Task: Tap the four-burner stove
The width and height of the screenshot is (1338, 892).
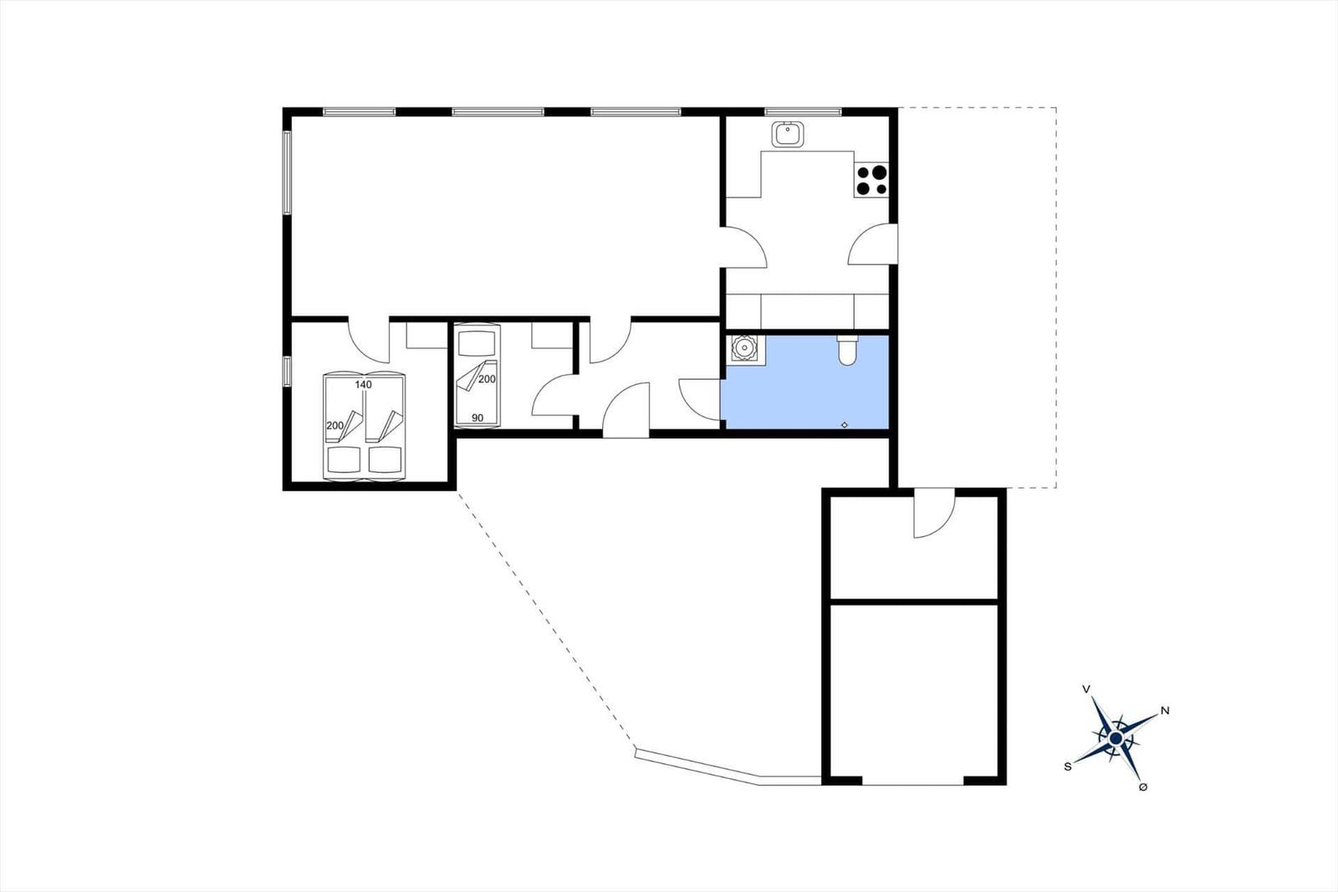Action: (871, 180)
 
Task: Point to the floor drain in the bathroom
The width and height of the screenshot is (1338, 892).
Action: (845, 425)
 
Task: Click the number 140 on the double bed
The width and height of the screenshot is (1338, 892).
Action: (363, 385)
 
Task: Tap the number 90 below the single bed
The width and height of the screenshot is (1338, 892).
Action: (477, 418)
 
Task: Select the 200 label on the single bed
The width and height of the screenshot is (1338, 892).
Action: (487, 379)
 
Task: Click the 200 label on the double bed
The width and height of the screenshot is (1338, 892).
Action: (334, 426)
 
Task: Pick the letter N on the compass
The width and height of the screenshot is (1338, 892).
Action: (1165, 711)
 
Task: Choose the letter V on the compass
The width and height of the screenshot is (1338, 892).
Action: (1086, 690)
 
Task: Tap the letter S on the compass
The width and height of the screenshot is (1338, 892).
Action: (1068, 766)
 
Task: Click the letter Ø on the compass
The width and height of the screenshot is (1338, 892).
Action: (1143, 787)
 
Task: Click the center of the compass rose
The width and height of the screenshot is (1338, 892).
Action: (1116, 738)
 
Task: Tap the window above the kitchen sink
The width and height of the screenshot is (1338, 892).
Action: (803, 110)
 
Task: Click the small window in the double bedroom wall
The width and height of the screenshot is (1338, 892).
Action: (286, 371)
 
